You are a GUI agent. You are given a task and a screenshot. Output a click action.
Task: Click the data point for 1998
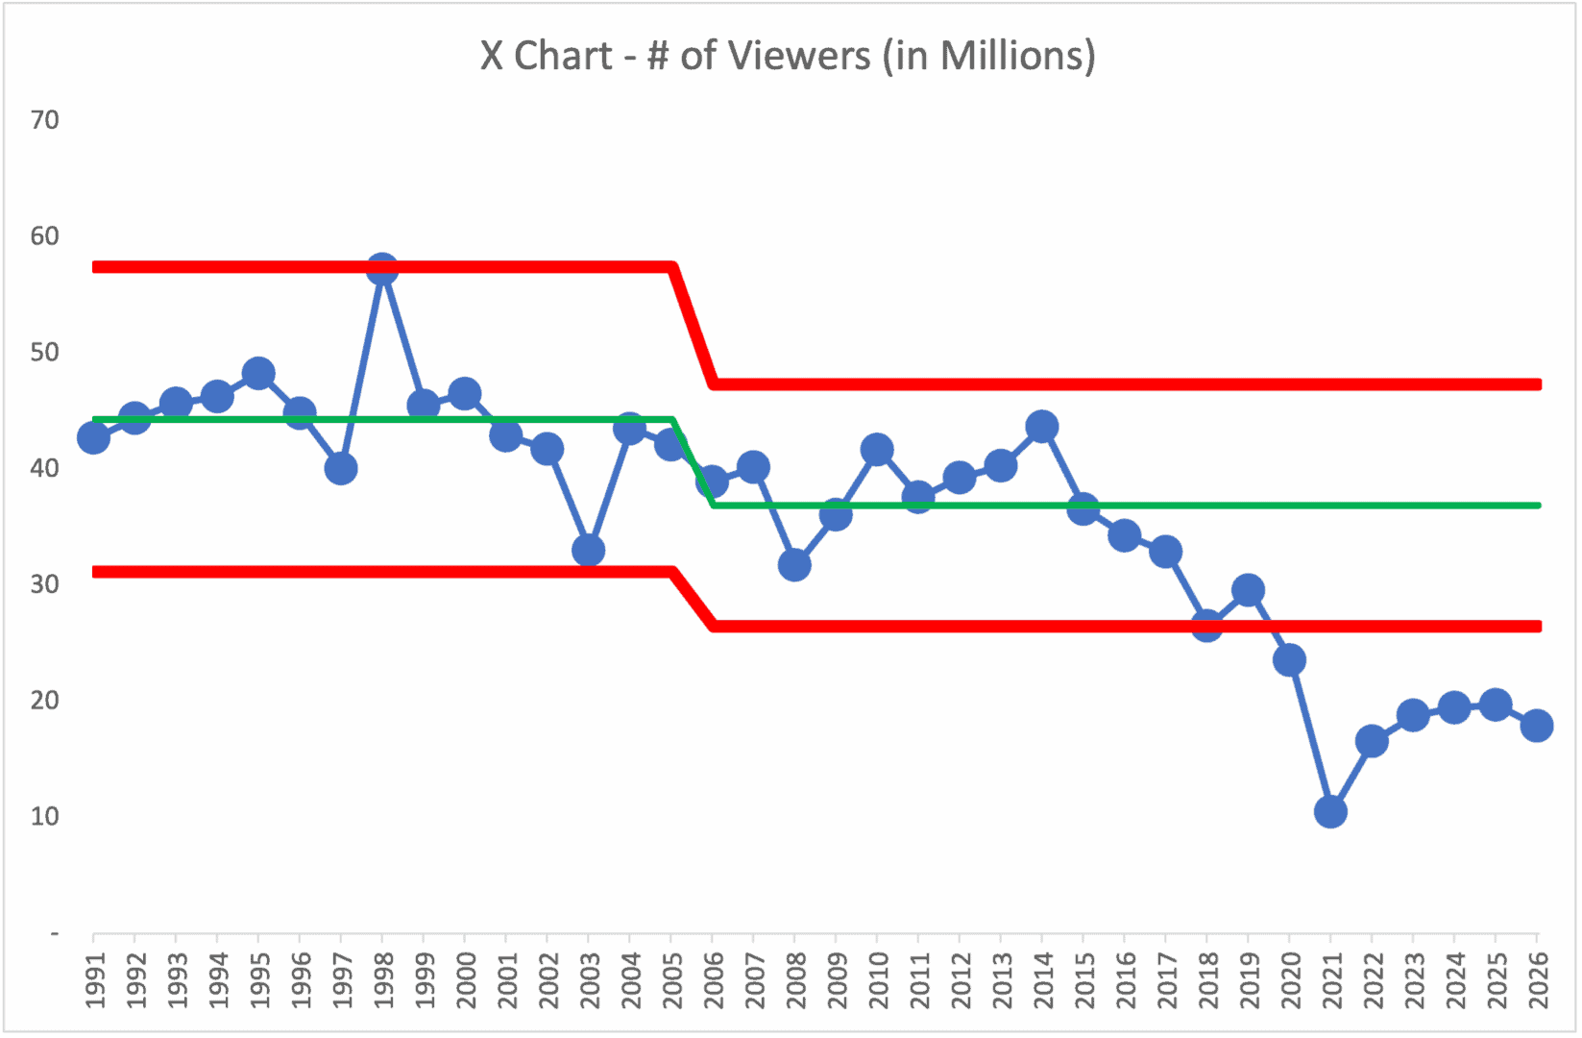pyautogui.click(x=382, y=270)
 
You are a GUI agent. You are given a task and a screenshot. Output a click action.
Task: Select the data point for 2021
pyautogui.click(x=1330, y=812)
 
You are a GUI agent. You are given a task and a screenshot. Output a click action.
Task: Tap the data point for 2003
pyautogui.click(x=589, y=551)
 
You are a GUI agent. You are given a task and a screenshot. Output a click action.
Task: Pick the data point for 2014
pyautogui.click(x=1042, y=426)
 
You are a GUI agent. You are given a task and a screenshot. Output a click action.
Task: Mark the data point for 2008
pyautogui.click(x=794, y=565)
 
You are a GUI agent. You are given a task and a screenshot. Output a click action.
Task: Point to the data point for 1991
pyautogui.click(x=93, y=437)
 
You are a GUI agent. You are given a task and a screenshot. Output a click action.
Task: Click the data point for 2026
pyautogui.click(x=1537, y=726)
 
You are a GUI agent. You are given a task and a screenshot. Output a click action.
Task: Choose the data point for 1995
pyautogui.click(x=258, y=373)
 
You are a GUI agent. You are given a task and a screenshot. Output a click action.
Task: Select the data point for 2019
pyautogui.click(x=1248, y=590)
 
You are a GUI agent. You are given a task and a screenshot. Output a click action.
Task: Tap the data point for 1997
pyautogui.click(x=341, y=469)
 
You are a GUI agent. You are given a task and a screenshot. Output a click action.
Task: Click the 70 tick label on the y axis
pyautogui.click(x=45, y=120)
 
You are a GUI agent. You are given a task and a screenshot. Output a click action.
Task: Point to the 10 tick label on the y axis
pyautogui.click(x=45, y=817)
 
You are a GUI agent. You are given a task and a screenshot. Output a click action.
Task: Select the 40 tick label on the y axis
pyautogui.click(x=45, y=469)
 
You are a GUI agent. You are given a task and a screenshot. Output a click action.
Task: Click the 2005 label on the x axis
pyautogui.click(x=672, y=980)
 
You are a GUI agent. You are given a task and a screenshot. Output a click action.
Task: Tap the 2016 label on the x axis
pyautogui.click(x=1126, y=980)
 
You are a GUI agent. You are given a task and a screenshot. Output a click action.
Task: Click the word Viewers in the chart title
pyautogui.click(x=799, y=56)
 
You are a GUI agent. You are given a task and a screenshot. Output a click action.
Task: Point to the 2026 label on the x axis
pyautogui.click(x=1538, y=980)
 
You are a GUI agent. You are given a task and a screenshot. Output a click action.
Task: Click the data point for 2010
pyautogui.click(x=877, y=449)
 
